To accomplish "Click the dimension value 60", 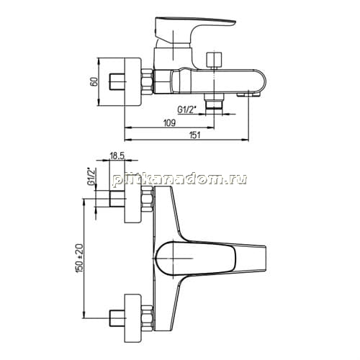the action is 94,82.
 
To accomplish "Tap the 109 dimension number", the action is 169,122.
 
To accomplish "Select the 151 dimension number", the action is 194,135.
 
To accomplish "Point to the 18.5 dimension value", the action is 117,156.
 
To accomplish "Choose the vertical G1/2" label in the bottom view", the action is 91,176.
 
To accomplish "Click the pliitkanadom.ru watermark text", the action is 179,179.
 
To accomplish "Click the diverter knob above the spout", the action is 214,60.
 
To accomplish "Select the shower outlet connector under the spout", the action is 214,102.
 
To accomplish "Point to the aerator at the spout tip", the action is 248,95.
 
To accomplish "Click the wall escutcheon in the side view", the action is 132,82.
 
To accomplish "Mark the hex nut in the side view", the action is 147,81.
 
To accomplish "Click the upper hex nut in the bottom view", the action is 147,199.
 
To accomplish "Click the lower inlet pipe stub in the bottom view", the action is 117,318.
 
